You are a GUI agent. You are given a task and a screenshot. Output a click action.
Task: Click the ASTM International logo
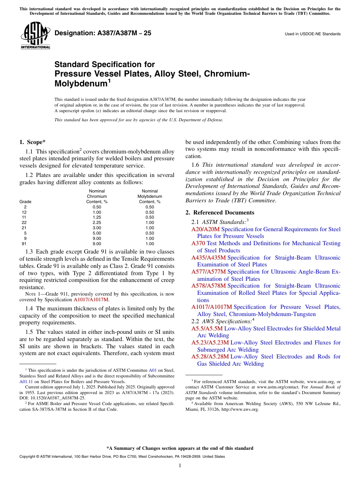(x=35, y=35)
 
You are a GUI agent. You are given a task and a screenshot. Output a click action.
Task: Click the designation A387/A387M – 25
(x=103, y=33)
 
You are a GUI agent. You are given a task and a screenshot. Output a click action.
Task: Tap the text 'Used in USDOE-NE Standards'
(x=313, y=34)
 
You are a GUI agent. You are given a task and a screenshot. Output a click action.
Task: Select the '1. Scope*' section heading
(x=32, y=142)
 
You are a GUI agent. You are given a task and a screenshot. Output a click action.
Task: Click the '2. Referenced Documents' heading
(x=220, y=213)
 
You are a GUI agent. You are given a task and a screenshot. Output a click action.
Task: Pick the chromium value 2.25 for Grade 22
(x=97, y=222)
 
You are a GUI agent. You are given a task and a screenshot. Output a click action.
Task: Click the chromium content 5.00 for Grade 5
(x=97, y=233)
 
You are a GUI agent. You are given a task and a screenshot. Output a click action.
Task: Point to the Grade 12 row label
(x=24, y=212)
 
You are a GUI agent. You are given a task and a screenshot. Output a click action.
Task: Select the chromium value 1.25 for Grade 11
(x=97, y=218)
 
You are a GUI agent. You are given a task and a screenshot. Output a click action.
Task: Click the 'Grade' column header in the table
(x=25, y=202)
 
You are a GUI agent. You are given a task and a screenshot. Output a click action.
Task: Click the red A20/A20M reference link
(x=205, y=229)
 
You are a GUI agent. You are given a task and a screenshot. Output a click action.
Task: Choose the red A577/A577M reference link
(x=208, y=272)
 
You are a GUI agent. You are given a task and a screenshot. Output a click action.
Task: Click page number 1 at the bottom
(x=180, y=465)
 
